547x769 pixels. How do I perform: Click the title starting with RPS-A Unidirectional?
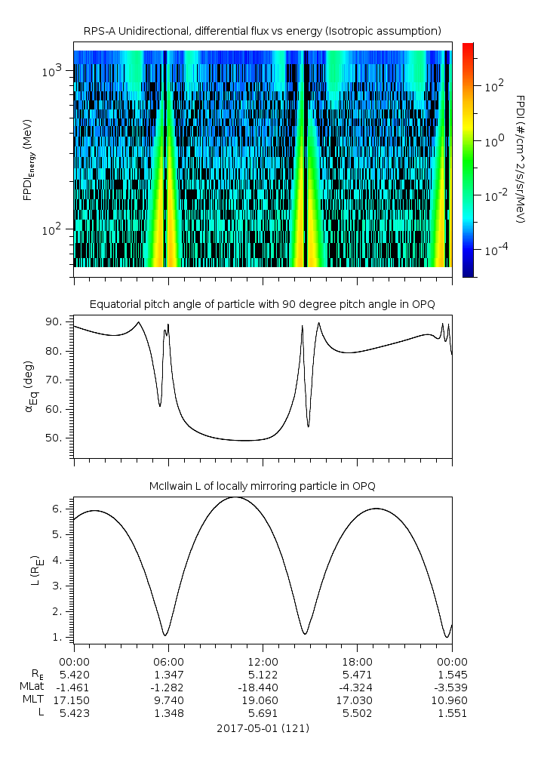(262, 31)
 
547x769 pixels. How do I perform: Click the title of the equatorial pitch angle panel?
(262, 304)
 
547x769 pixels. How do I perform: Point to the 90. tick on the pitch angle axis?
(58, 322)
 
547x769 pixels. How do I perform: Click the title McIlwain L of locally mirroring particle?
(262, 485)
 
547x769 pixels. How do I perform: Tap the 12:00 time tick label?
(262, 660)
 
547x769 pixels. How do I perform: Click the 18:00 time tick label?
(357, 660)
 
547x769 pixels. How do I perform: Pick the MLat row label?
(34, 687)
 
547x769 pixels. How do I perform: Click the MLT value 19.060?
(262, 700)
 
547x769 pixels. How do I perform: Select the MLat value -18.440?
(262, 687)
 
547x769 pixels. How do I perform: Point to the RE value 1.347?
(167, 673)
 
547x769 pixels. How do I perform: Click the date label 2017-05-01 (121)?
(262, 729)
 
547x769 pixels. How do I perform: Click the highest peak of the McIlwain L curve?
(235, 497)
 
